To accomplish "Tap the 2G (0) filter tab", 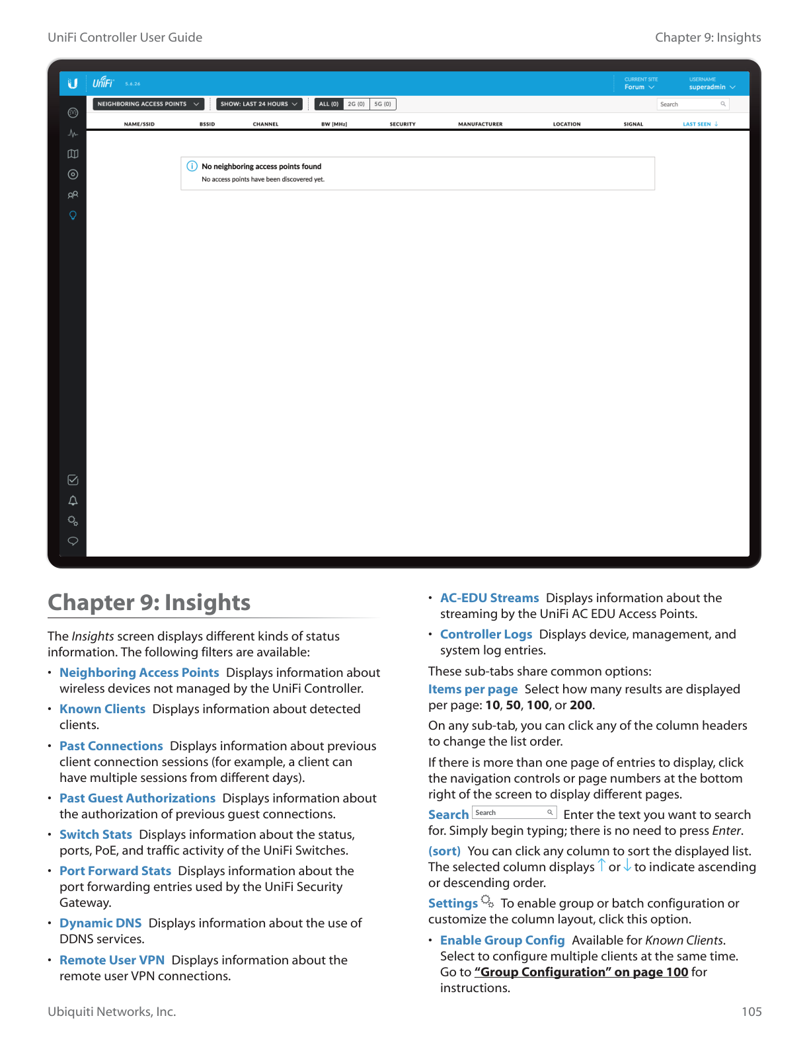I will pos(356,104).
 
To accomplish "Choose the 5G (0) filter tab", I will pos(383,104).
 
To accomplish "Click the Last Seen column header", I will pos(699,124).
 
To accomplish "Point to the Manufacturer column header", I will pos(480,124).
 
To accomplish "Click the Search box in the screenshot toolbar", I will pos(691,104).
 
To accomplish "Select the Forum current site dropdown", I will pos(638,87).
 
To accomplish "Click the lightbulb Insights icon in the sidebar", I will pos(73,215).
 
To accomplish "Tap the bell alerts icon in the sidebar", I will pos(73,500).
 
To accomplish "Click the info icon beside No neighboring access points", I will pos(192,166).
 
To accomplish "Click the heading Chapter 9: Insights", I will pos(149,602).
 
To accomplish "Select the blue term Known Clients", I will pos(102,709).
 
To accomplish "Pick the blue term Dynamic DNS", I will pos(100,923).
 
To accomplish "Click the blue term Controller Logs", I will pos(486,634).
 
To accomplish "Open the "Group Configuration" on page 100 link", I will pos(581,972).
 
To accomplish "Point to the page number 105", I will pos(751,1011).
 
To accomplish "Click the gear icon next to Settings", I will pos(487,901).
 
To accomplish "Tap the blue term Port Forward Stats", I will pos(115,871).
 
